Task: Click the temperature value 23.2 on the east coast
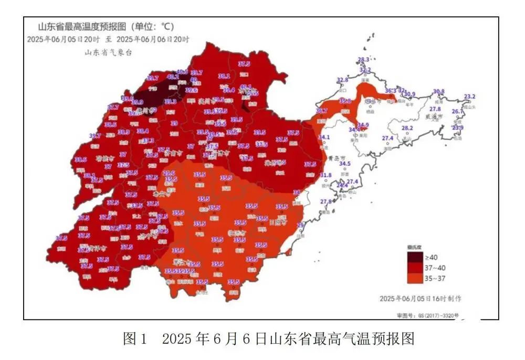pos(469,97)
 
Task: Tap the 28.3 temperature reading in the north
pos(364,59)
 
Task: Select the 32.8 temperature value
pos(342,80)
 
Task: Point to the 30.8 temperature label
pos(438,91)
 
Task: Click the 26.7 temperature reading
pos(458,112)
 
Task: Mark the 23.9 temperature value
pos(458,128)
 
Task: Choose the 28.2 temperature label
pos(407,128)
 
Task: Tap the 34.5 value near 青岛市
pos(344,164)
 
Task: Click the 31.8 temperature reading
pos(325,175)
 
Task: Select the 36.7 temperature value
pos(322,111)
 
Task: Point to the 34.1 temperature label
pos(324,137)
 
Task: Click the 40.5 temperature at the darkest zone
pos(182,72)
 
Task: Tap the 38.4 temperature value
pos(143,131)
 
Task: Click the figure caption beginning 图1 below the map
pos(268,338)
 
